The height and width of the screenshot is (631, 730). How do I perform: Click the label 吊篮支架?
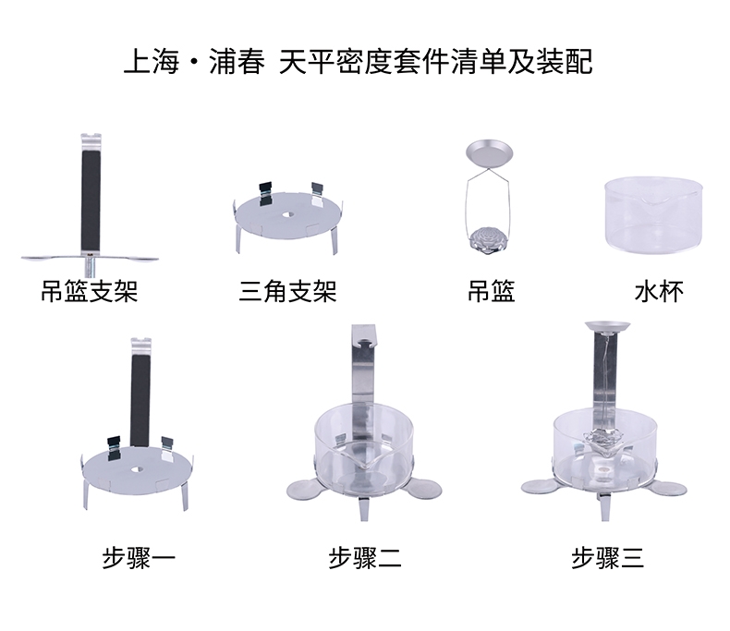90,292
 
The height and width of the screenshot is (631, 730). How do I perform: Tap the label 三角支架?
287,292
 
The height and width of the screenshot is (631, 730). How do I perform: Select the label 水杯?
659,292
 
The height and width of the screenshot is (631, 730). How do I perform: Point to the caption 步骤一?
139,557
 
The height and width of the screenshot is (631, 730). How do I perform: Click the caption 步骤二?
364,557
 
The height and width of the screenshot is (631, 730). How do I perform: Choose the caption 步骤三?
608,557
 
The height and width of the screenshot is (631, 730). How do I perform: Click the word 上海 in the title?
152,61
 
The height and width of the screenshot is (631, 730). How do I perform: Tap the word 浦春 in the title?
237,61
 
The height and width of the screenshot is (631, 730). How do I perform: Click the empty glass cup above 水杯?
653,214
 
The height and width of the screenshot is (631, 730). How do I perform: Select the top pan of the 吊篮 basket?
489,155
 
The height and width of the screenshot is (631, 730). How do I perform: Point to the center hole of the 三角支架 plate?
288,215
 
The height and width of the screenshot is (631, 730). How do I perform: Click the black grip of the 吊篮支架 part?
91,200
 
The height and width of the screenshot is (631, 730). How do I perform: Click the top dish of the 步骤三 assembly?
607,326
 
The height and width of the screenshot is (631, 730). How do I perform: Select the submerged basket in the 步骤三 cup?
603,440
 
